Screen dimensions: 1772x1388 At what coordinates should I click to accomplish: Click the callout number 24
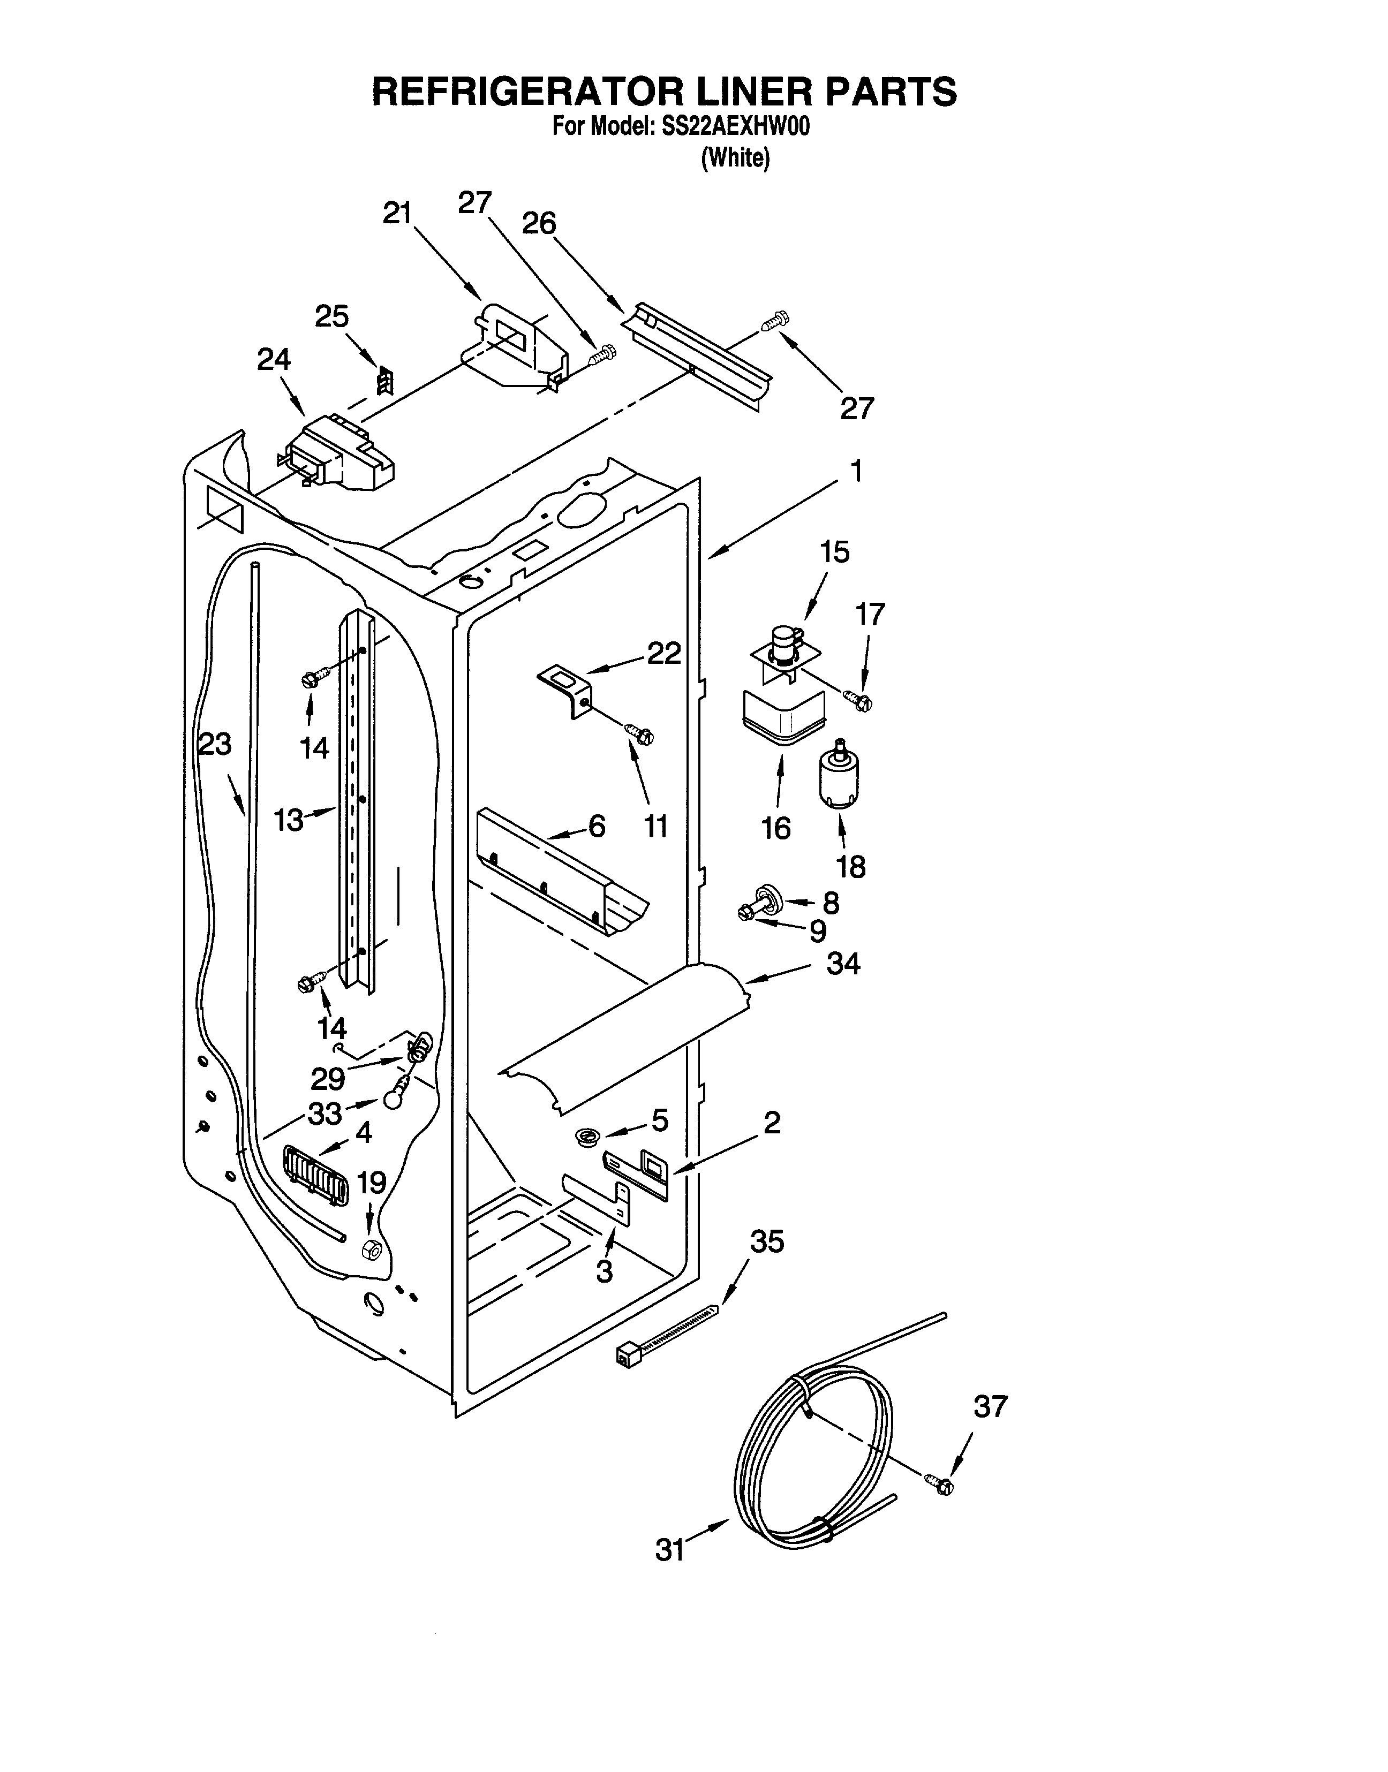pos(274,359)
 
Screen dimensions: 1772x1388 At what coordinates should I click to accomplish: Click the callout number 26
pos(539,223)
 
